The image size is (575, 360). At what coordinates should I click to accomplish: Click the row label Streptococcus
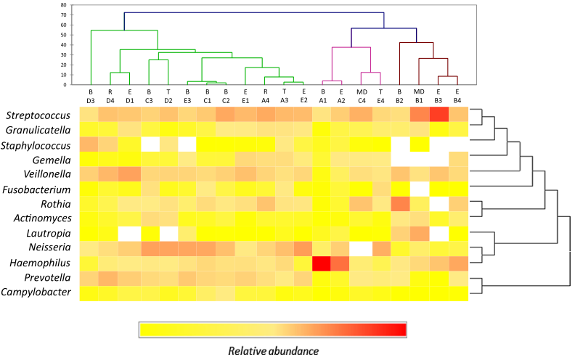41,115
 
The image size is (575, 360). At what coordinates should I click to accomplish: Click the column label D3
91,99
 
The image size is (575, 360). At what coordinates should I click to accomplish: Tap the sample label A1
322,99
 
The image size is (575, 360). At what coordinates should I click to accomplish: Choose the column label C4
361,99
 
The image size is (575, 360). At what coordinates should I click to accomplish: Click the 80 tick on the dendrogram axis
63,5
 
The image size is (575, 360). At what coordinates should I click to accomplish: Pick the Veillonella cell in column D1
129,174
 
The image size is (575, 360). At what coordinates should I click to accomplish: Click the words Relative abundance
273,351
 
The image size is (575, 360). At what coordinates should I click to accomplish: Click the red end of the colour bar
398,330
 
